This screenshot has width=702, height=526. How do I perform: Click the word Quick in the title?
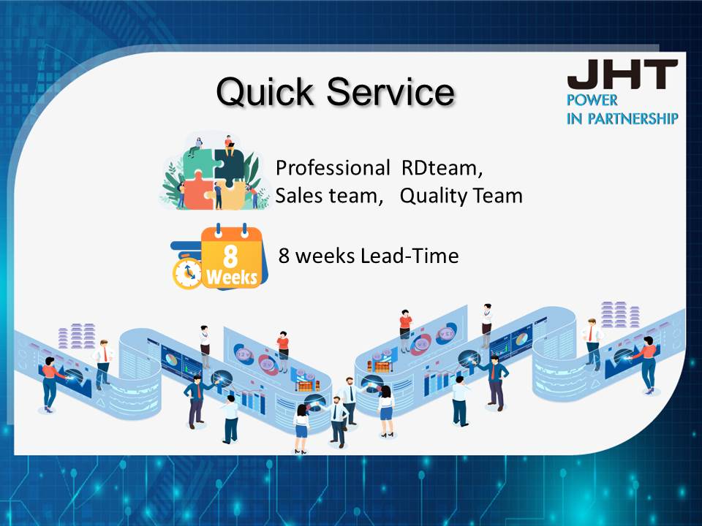[x=265, y=92]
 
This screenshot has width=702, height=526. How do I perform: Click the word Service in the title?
[x=390, y=91]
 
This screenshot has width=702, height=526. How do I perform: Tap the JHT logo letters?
[x=622, y=75]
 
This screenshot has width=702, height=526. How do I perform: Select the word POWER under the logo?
[x=592, y=100]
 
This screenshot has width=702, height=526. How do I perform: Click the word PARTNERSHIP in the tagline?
[x=633, y=118]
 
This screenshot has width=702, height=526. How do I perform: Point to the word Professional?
[x=333, y=168]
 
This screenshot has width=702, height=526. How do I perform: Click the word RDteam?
[x=442, y=168]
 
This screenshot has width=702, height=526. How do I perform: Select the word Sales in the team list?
[x=298, y=196]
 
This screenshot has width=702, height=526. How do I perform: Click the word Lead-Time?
[x=409, y=256]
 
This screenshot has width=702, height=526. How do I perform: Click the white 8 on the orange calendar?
[x=230, y=256]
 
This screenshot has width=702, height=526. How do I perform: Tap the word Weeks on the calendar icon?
[x=232, y=278]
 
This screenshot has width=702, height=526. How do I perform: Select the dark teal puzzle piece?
[x=228, y=168]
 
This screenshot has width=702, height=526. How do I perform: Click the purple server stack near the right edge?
[x=620, y=314]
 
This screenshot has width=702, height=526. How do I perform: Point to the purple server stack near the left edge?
[x=77, y=335]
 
